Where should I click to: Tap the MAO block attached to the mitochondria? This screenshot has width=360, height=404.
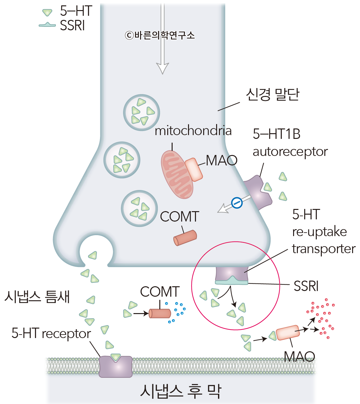tap(194, 169)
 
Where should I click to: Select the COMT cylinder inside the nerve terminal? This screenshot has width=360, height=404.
tap(185, 238)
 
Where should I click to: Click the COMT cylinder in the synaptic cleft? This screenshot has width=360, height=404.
tap(160, 313)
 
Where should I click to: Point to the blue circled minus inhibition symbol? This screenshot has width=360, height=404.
tap(237, 203)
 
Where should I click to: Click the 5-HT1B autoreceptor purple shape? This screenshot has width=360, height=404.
tap(257, 192)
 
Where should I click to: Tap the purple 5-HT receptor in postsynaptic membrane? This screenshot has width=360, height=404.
tap(115, 367)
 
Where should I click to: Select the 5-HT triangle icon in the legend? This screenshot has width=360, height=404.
tap(47, 12)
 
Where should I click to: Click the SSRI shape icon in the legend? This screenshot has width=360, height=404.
tap(47, 25)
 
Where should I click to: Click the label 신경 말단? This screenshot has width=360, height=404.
tap(272, 94)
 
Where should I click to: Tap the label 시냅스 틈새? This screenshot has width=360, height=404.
tap(37, 297)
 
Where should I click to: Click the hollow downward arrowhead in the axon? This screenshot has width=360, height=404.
tap(162, 68)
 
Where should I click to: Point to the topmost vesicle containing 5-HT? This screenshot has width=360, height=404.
tap(141, 112)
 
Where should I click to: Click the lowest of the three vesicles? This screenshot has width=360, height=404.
tap(139, 208)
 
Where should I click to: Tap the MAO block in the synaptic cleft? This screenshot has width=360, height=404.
tap(287, 333)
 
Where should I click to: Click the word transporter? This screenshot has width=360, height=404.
tap(324, 249)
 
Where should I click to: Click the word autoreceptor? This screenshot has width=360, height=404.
tap(290, 152)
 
